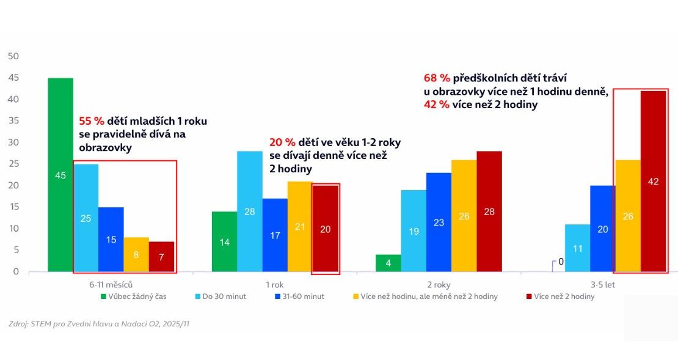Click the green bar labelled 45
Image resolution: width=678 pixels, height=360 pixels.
(60, 175)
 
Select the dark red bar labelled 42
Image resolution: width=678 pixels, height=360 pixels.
(654, 181)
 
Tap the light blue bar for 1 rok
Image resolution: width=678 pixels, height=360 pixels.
(250, 211)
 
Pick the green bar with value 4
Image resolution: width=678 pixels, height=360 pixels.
(388, 263)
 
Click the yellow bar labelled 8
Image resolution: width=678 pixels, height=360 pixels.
(136, 254)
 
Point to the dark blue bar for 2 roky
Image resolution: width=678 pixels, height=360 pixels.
(439, 222)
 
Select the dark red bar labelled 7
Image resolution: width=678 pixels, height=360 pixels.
(162, 256)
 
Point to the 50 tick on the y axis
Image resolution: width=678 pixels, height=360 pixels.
(13, 56)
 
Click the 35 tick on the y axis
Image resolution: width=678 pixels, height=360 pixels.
(13, 121)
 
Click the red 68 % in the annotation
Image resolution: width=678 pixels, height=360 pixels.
(436, 78)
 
